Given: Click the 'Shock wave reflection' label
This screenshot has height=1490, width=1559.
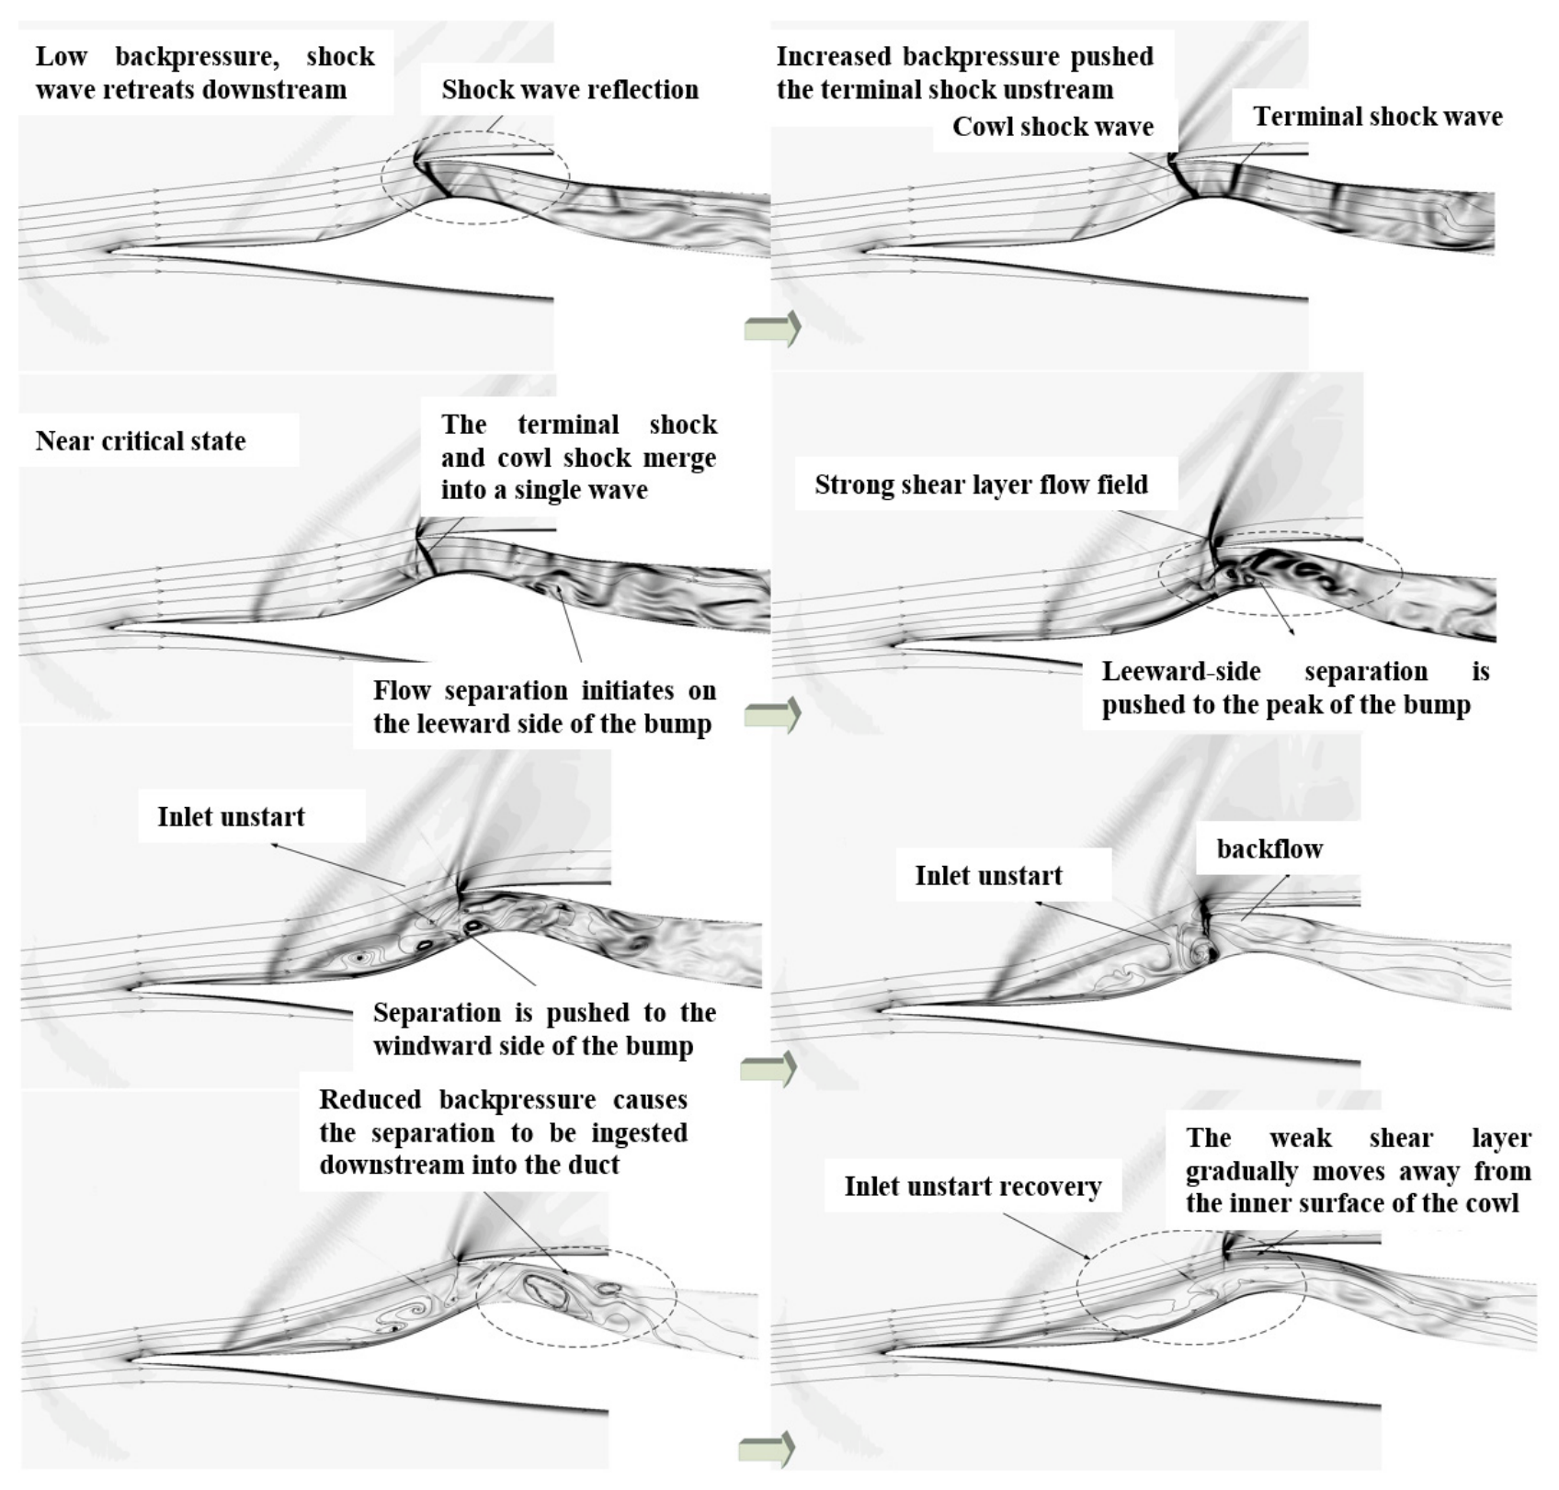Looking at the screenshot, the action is click(x=570, y=89).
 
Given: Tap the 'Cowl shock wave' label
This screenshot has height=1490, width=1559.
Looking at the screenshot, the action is click(x=1053, y=126).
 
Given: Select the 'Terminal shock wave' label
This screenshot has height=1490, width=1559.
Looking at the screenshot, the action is click(x=1378, y=116).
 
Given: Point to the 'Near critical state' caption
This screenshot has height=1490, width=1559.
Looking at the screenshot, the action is click(x=141, y=440).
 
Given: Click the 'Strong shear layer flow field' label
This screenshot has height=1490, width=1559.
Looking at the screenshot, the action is click(x=981, y=484).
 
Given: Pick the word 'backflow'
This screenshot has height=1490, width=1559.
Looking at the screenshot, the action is click(x=1269, y=848).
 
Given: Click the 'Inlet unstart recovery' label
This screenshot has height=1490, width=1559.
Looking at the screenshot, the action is click(x=973, y=1186).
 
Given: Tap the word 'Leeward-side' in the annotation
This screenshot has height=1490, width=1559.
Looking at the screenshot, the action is click(x=1181, y=671).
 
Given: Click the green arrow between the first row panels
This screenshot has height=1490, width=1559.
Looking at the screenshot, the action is click(x=772, y=327).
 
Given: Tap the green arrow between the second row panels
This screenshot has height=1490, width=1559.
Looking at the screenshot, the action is click(x=772, y=714).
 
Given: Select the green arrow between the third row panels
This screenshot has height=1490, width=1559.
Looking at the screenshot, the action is click(x=768, y=1070).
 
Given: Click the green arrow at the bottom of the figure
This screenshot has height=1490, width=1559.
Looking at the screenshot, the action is click(x=766, y=1450).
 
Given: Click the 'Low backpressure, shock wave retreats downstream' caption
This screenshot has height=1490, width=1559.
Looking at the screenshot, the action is click(x=205, y=73).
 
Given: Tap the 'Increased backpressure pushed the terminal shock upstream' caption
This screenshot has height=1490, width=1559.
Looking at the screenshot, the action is click(x=964, y=73).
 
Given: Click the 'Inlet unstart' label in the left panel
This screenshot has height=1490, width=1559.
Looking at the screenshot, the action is click(x=231, y=816).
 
